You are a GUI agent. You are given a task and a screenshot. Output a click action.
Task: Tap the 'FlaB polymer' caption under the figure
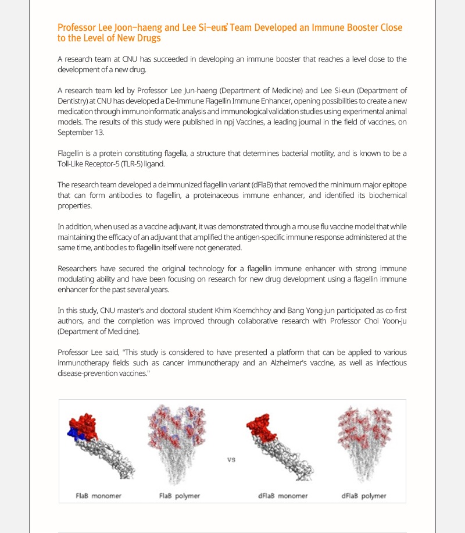click(180, 496)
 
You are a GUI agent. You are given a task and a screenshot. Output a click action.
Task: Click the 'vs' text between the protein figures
click(231, 459)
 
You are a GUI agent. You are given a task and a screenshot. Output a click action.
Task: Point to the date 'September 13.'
click(81, 133)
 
